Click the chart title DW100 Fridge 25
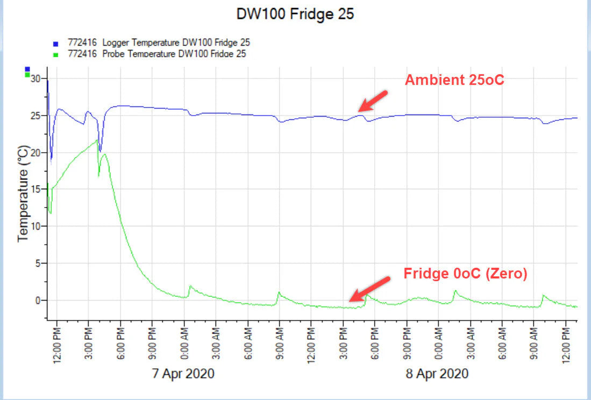[295, 15]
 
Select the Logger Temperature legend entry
[159, 42]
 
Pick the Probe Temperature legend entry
[156, 53]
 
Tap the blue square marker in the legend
[55, 44]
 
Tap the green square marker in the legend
[55, 54]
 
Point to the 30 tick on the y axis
[36, 78]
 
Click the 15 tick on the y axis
[36, 189]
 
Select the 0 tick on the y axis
[38, 300]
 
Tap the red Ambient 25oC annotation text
[454, 81]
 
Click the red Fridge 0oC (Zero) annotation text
[466, 274]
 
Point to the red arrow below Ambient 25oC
[373, 101]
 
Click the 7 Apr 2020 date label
[183, 373]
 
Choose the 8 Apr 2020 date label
[437, 373]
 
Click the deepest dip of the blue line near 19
[51, 159]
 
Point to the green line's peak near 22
[97, 140]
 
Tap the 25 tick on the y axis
[36, 116]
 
